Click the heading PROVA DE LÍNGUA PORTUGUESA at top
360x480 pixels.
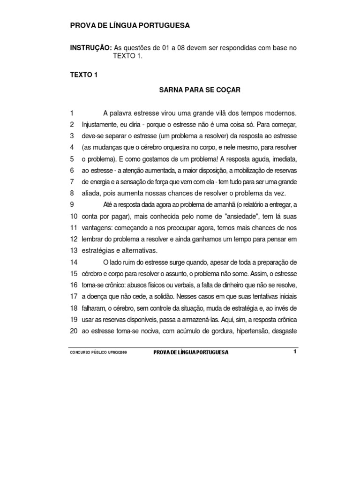(130, 26)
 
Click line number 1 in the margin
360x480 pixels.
(72, 113)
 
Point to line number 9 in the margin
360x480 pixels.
(72, 204)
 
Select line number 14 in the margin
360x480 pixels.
(74, 262)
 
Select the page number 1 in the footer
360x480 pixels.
(295, 352)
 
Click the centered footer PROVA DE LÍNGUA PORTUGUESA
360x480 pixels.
(191, 352)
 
